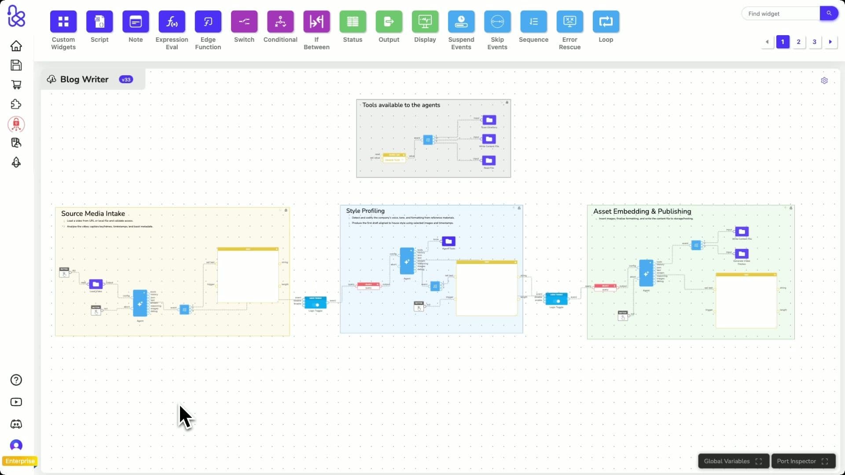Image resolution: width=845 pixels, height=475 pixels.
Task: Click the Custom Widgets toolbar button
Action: (63, 22)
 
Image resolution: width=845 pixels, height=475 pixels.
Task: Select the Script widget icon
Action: (99, 22)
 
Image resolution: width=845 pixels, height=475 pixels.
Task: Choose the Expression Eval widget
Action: (172, 22)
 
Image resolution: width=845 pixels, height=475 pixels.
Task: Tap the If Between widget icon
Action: (316, 22)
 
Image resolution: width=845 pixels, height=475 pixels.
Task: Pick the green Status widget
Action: (353, 22)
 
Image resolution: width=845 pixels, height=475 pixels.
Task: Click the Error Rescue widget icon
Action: (569, 22)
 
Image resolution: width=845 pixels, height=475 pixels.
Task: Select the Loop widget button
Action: (606, 22)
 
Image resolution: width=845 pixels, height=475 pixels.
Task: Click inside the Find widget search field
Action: (780, 14)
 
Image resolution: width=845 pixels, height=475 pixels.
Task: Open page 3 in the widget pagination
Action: (814, 42)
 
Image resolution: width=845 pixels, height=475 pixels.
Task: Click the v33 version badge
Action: (126, 80)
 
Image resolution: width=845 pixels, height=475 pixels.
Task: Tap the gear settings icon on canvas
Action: (824, 80)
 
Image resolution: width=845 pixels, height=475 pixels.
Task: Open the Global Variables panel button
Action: (733, 461)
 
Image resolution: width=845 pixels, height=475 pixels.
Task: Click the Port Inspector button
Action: (803, 461)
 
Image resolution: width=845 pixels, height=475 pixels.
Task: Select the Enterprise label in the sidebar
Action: (20, 461)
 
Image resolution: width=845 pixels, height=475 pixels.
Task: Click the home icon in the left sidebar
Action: (16, 46)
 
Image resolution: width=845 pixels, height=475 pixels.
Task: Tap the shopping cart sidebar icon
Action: (16, 84)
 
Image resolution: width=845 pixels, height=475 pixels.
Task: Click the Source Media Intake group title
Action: (93, 213)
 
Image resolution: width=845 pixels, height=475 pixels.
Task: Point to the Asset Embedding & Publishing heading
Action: (642, 211)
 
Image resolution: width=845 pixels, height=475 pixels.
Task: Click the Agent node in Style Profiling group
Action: (407, 261)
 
